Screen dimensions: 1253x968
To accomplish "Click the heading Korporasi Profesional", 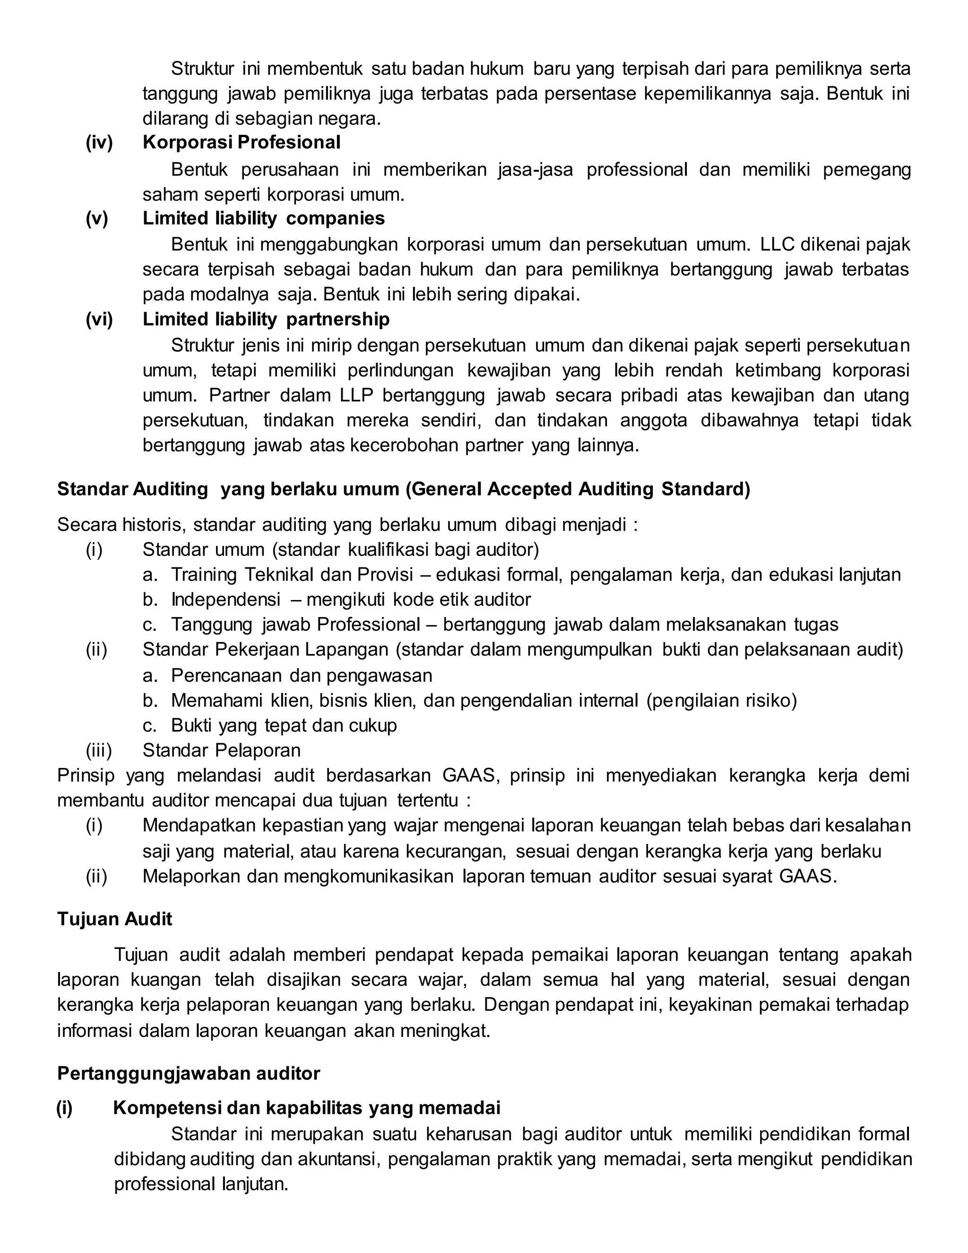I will (x=242, y=142).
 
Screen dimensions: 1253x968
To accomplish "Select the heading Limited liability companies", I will (x=263, y=218).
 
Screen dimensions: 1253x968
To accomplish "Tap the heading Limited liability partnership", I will (x=266, y=319).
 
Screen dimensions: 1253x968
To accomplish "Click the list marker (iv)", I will (x=99, y=142).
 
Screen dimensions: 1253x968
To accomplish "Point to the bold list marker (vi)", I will (x=99, y=319).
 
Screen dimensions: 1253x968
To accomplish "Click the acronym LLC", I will (x=777, y=244).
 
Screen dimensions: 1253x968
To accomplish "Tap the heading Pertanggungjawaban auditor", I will (x=189, y=1073).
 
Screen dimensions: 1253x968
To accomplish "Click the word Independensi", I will (x=226, y=600).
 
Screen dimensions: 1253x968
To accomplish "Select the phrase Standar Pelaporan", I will (x=221, y=750).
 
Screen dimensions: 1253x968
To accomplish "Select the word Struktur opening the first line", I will (x=202, y=69).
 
